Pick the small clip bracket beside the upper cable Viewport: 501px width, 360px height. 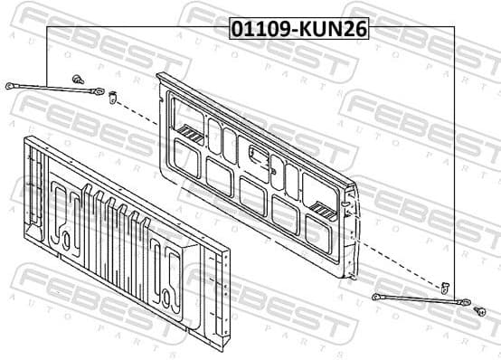113,95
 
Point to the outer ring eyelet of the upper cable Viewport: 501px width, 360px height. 10,86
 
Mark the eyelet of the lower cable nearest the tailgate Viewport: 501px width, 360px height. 376,296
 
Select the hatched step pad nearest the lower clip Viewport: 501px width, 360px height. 322,207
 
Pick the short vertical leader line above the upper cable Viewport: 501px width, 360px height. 46,54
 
